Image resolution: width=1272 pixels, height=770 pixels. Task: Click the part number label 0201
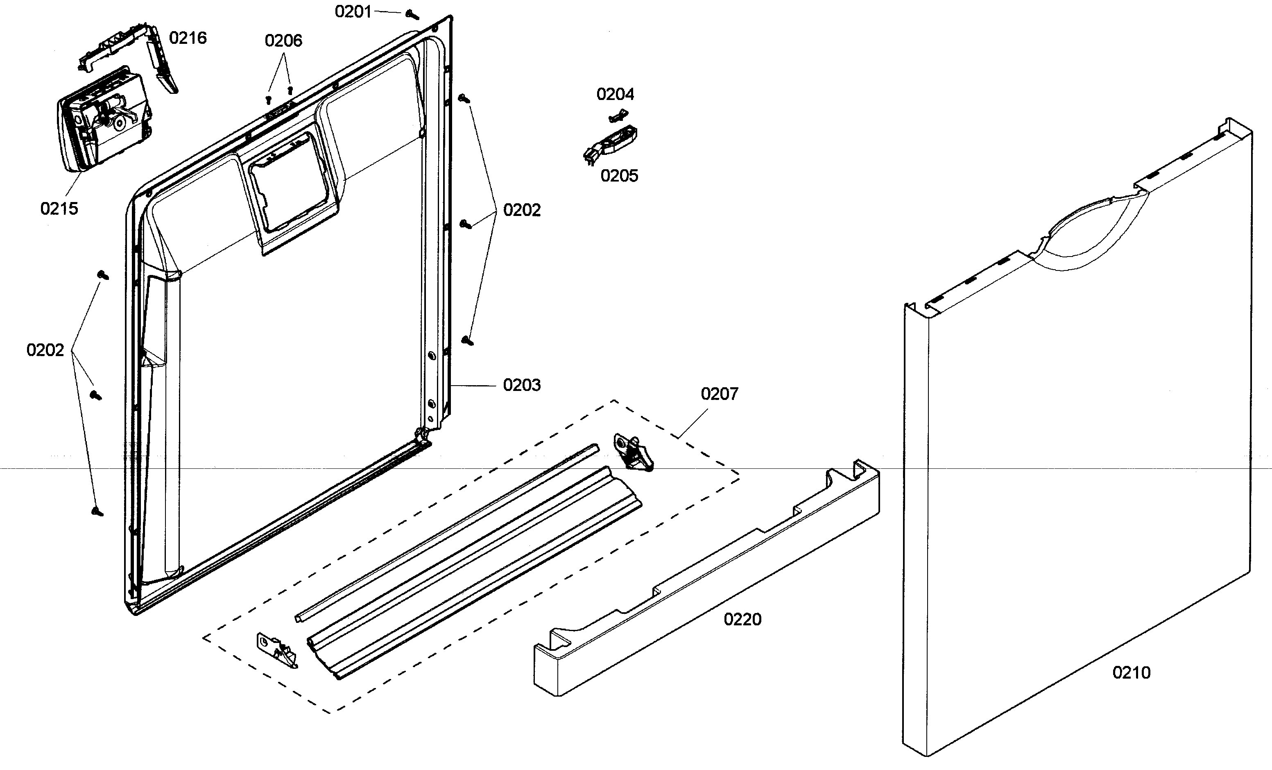353,11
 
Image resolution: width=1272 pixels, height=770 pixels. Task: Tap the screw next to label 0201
412,14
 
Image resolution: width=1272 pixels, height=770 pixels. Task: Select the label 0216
188,38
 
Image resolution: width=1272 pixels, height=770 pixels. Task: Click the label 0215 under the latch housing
59,209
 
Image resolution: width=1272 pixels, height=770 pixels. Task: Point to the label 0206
283,40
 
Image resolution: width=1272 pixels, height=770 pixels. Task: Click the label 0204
615,94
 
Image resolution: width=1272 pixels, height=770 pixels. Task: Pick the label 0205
619,175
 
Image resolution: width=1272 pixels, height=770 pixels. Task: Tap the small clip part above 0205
618,116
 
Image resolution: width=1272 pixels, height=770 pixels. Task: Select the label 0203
521,385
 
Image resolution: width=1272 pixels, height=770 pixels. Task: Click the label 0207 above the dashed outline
719,394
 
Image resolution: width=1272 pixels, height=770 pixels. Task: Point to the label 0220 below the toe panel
742,619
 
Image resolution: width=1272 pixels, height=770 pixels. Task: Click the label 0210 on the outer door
1131,672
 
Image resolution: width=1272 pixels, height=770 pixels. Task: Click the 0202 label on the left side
45,350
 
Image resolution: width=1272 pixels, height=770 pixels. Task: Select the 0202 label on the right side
521,210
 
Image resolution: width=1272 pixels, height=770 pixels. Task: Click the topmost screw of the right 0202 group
464,98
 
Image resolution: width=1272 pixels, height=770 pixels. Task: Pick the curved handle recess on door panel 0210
1089,232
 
